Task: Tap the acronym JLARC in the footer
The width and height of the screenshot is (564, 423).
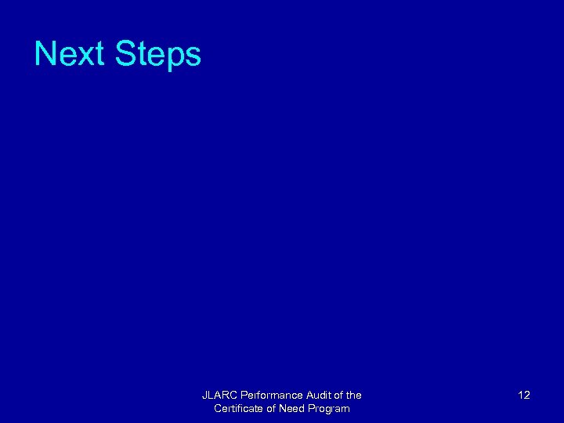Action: (218, 396)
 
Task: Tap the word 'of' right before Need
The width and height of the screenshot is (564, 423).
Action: (271, 409)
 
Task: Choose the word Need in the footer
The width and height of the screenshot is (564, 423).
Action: (293, 409)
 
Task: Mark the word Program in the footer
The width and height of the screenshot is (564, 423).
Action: (331, 409)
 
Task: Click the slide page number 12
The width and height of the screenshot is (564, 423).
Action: (524, 396)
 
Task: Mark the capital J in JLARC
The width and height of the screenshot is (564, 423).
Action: (204, 396)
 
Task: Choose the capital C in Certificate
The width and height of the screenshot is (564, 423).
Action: (218, 409)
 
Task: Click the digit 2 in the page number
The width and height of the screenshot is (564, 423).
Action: (527, 396)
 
